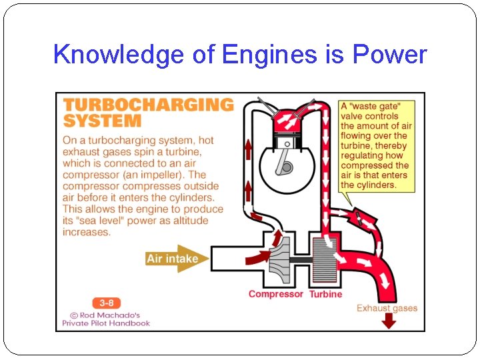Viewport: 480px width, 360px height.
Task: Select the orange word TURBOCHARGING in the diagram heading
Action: click(x=148, y=105)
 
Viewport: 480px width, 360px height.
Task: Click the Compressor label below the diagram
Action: click(x=275, y=294)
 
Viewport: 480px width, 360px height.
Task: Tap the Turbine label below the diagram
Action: click(x=325, y=294)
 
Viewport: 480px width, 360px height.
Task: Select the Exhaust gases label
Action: click(x=387, y=308)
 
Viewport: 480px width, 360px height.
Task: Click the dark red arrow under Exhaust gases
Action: click(x=387, y=321)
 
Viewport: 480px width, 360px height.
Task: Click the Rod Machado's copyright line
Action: click(x=106, y=315)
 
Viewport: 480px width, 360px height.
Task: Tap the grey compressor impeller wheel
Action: click(x=282, y=257)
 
